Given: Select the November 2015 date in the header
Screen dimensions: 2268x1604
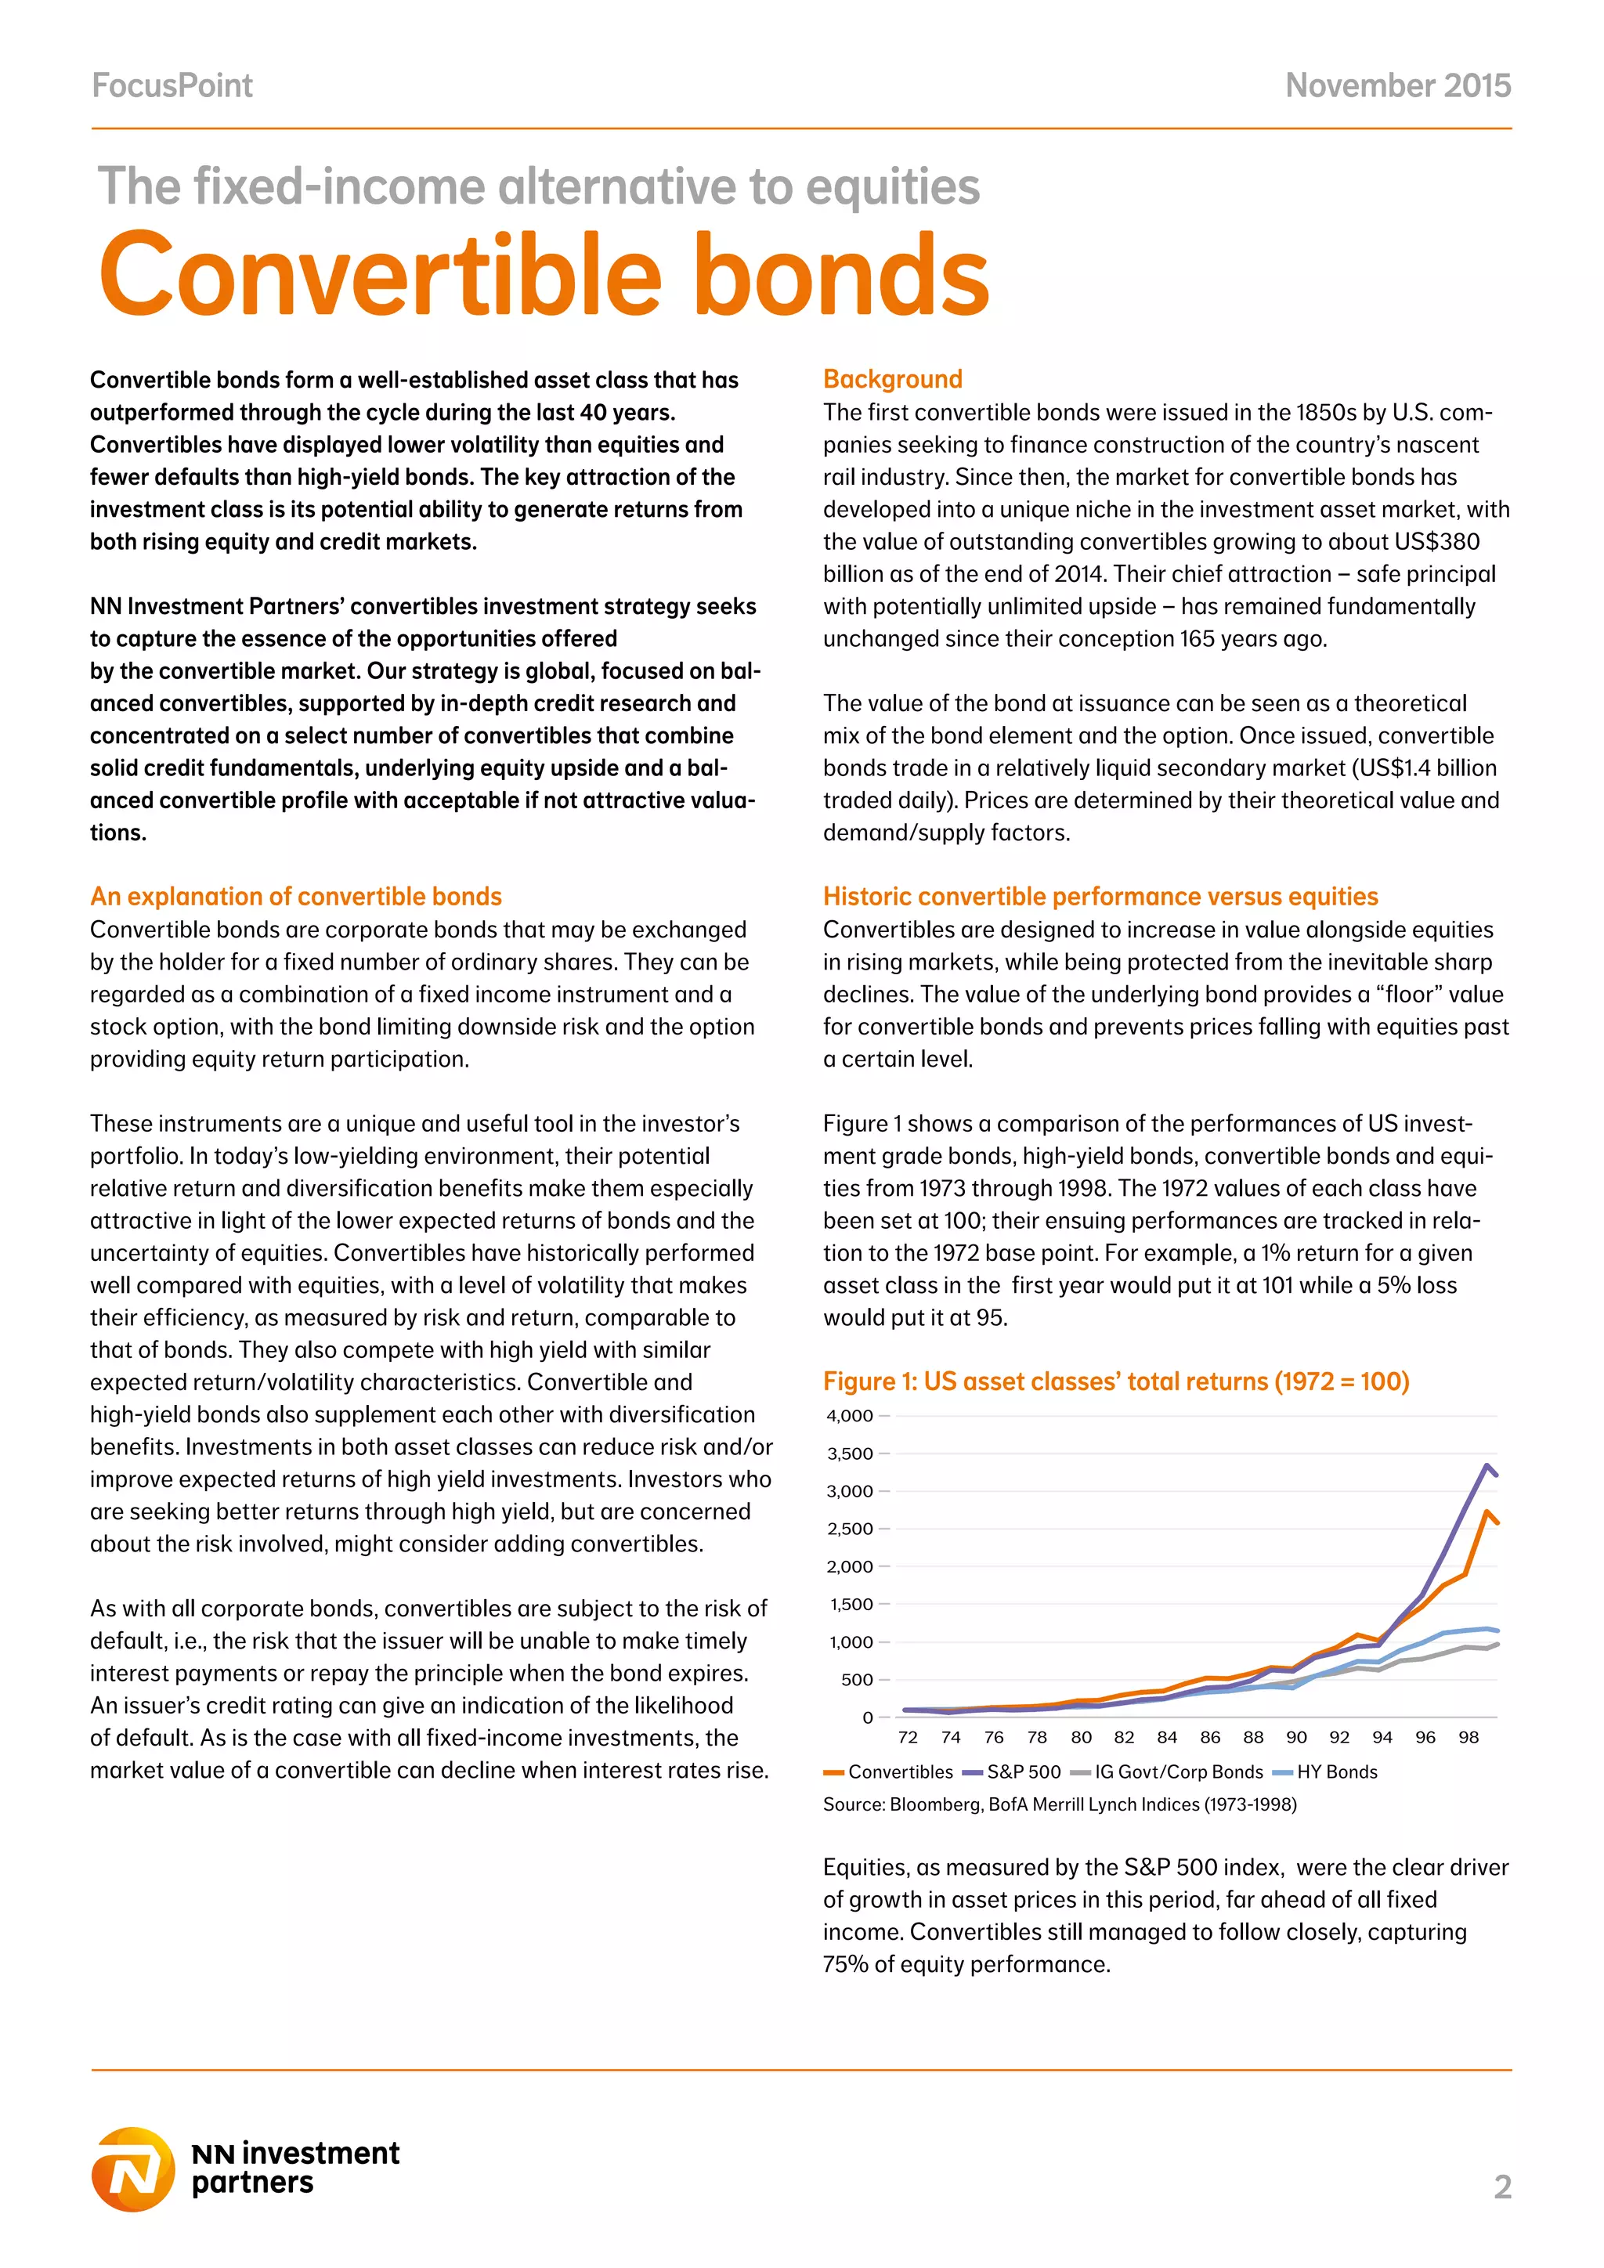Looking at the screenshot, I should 1397,86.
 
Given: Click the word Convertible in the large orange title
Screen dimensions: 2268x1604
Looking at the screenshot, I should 381,275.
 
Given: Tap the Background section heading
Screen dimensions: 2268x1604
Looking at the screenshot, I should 892,379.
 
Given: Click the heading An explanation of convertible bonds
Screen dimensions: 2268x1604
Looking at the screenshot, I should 295,896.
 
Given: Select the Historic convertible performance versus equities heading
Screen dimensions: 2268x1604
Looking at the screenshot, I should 1100,896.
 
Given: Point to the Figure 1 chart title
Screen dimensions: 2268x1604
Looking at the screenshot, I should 1116,1381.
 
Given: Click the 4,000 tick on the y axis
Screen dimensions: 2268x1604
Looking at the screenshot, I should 850,1415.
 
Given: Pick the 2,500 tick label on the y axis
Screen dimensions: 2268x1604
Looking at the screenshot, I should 850,1528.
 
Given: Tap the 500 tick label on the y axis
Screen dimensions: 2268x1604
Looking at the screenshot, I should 856,1679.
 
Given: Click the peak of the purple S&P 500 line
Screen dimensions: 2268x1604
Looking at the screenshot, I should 1487,1465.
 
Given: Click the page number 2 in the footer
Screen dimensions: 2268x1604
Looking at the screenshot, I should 1502,2187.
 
